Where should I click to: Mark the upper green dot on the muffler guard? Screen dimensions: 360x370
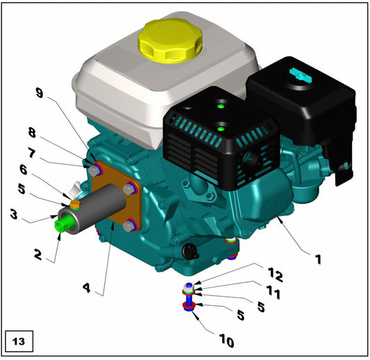[x=220, y=107]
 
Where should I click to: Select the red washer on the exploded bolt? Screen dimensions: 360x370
[x=187, y=304]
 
